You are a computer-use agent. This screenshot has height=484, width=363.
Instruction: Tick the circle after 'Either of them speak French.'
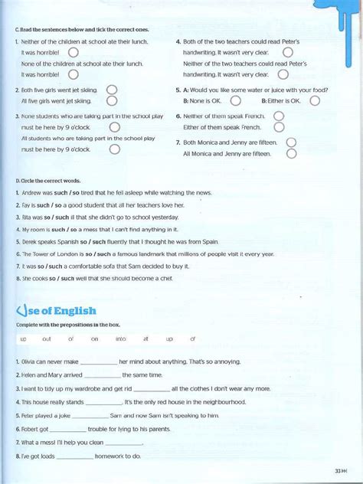[x=279, y=127]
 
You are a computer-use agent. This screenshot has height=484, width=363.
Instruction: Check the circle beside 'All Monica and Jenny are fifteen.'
[x=291, y=154]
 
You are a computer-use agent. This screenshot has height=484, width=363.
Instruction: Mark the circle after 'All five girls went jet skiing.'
[x=112, y=100]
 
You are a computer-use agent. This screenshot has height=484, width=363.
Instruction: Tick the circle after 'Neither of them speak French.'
[x=279, y=116]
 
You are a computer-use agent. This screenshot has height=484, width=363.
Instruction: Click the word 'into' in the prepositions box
[x=121, y=338]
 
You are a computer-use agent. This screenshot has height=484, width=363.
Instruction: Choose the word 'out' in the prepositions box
[x=46, y=338]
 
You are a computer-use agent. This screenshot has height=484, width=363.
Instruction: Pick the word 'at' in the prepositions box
[x=146, y=338]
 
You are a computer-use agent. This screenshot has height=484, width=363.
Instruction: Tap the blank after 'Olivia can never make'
[x=98, y=361]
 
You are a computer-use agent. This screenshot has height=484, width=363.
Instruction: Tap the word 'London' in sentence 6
[x=71, y=254]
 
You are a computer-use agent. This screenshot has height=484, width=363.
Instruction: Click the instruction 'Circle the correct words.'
[x=47, y=181]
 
